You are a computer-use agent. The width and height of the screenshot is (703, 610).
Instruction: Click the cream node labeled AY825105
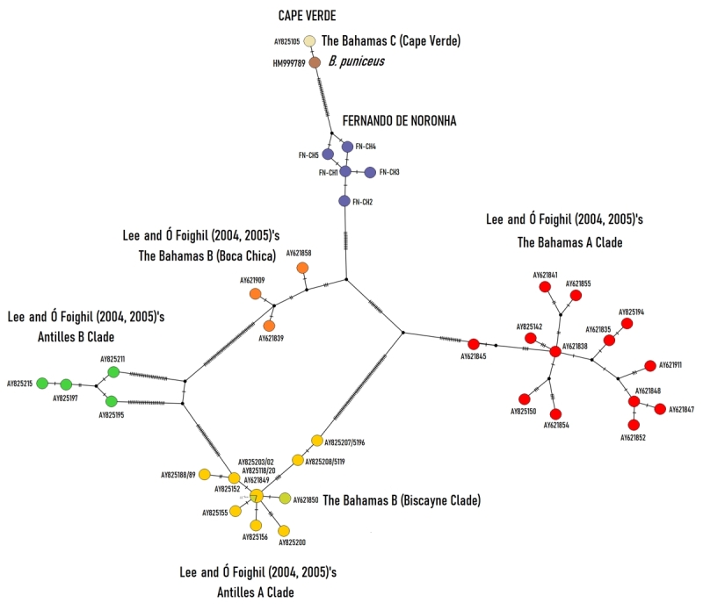(x=309, y=41)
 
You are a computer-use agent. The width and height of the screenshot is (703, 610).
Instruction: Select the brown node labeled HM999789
(x=315, y=61)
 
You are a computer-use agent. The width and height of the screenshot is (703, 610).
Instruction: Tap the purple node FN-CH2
(x=345, y=201)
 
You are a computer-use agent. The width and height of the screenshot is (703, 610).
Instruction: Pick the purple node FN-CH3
(x=370, y=172)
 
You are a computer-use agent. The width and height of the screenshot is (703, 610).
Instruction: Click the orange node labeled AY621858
(x=302, y=268)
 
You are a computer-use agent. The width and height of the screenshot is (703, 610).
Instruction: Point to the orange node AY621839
(x=270, y=327)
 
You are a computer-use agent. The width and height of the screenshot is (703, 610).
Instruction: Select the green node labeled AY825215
(x=41, y=383)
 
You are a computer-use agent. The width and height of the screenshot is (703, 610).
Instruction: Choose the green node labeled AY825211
(x=113, y=372)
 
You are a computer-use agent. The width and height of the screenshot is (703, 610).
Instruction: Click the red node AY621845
(x=474, y=344)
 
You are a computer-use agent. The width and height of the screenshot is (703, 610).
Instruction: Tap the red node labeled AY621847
(x=660, y=408)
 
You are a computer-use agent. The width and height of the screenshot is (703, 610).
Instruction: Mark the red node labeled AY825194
(x=627, y=323)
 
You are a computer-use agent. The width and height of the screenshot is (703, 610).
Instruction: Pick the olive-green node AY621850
(x=285, y=499)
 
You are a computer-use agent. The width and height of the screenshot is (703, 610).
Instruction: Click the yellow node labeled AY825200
(x=284, y=530)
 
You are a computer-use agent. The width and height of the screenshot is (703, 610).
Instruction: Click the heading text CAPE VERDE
(x=307, y=16)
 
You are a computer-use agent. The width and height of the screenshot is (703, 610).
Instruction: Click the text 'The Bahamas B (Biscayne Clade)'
(x=402, y=501)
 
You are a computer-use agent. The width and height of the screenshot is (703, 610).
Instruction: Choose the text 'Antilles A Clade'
(x=256, y=592)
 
